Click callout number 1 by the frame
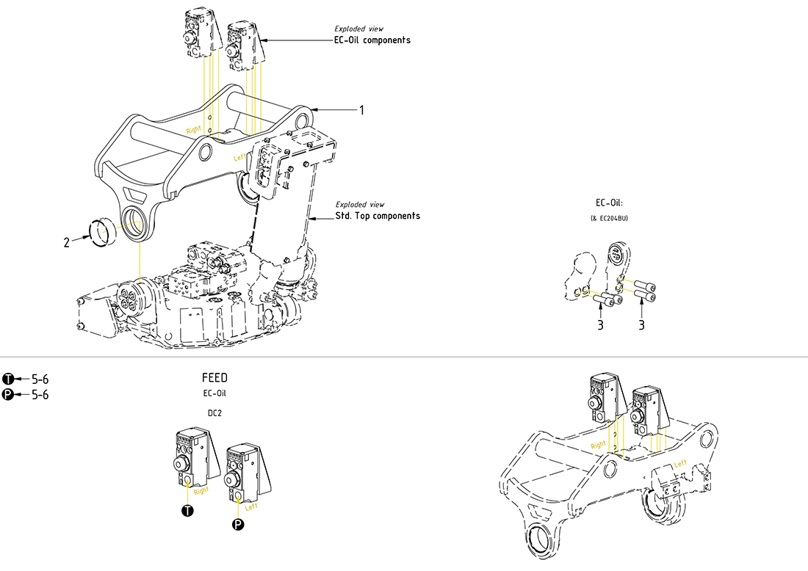coord(361,110)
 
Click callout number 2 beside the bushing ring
coord(66,242)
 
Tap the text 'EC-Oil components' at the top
coord(372,40)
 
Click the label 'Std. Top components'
coord(378,216)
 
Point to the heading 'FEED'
coord(214,378)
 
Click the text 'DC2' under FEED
coord(214,412)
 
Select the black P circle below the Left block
coord(237,523)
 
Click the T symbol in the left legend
coord(8,379)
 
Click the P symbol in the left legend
coord(8,395)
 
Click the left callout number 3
coord(600,325)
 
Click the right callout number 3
coord(641,325)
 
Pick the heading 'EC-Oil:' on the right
coord(610,203)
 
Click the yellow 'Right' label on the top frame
coord(193,129)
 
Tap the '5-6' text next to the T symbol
coord(40,379)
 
